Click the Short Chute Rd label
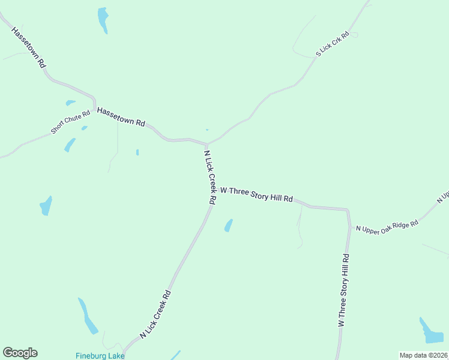[71, 121]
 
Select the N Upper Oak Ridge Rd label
[386, 226]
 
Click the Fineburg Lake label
[100, 355]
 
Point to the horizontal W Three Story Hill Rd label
[256, 194]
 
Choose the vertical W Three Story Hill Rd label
[343, 290]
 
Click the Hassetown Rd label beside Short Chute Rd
[121, 116]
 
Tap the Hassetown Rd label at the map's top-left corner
[28, 46]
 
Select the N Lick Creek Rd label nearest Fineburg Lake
[155, 314]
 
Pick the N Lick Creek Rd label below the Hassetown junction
[209, 178]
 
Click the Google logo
[20, 353]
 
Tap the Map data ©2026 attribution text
[423, 355]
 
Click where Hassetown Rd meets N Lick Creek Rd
[207, 144]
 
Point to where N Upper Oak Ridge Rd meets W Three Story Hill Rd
[349, 227]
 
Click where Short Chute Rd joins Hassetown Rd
[95, 107]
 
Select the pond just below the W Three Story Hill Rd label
[228, 225]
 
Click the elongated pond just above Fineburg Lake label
[88, 316]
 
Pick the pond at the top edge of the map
[103, 19]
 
